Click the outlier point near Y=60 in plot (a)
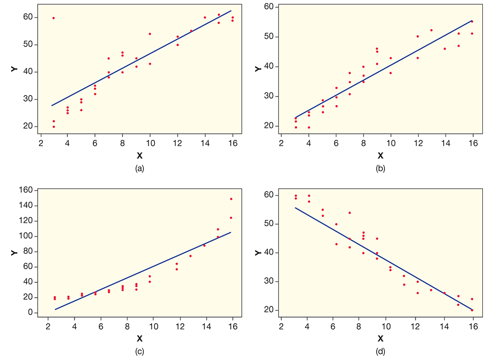[x=54, y=18]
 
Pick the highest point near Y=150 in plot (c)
[x=231, y=199]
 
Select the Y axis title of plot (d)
[x=258, y=253]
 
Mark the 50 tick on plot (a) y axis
[x=28, y=45]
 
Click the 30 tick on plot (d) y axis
[x=268, y=282]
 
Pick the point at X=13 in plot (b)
[x=431, y=30]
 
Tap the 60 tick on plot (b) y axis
[x=268, y=7]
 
